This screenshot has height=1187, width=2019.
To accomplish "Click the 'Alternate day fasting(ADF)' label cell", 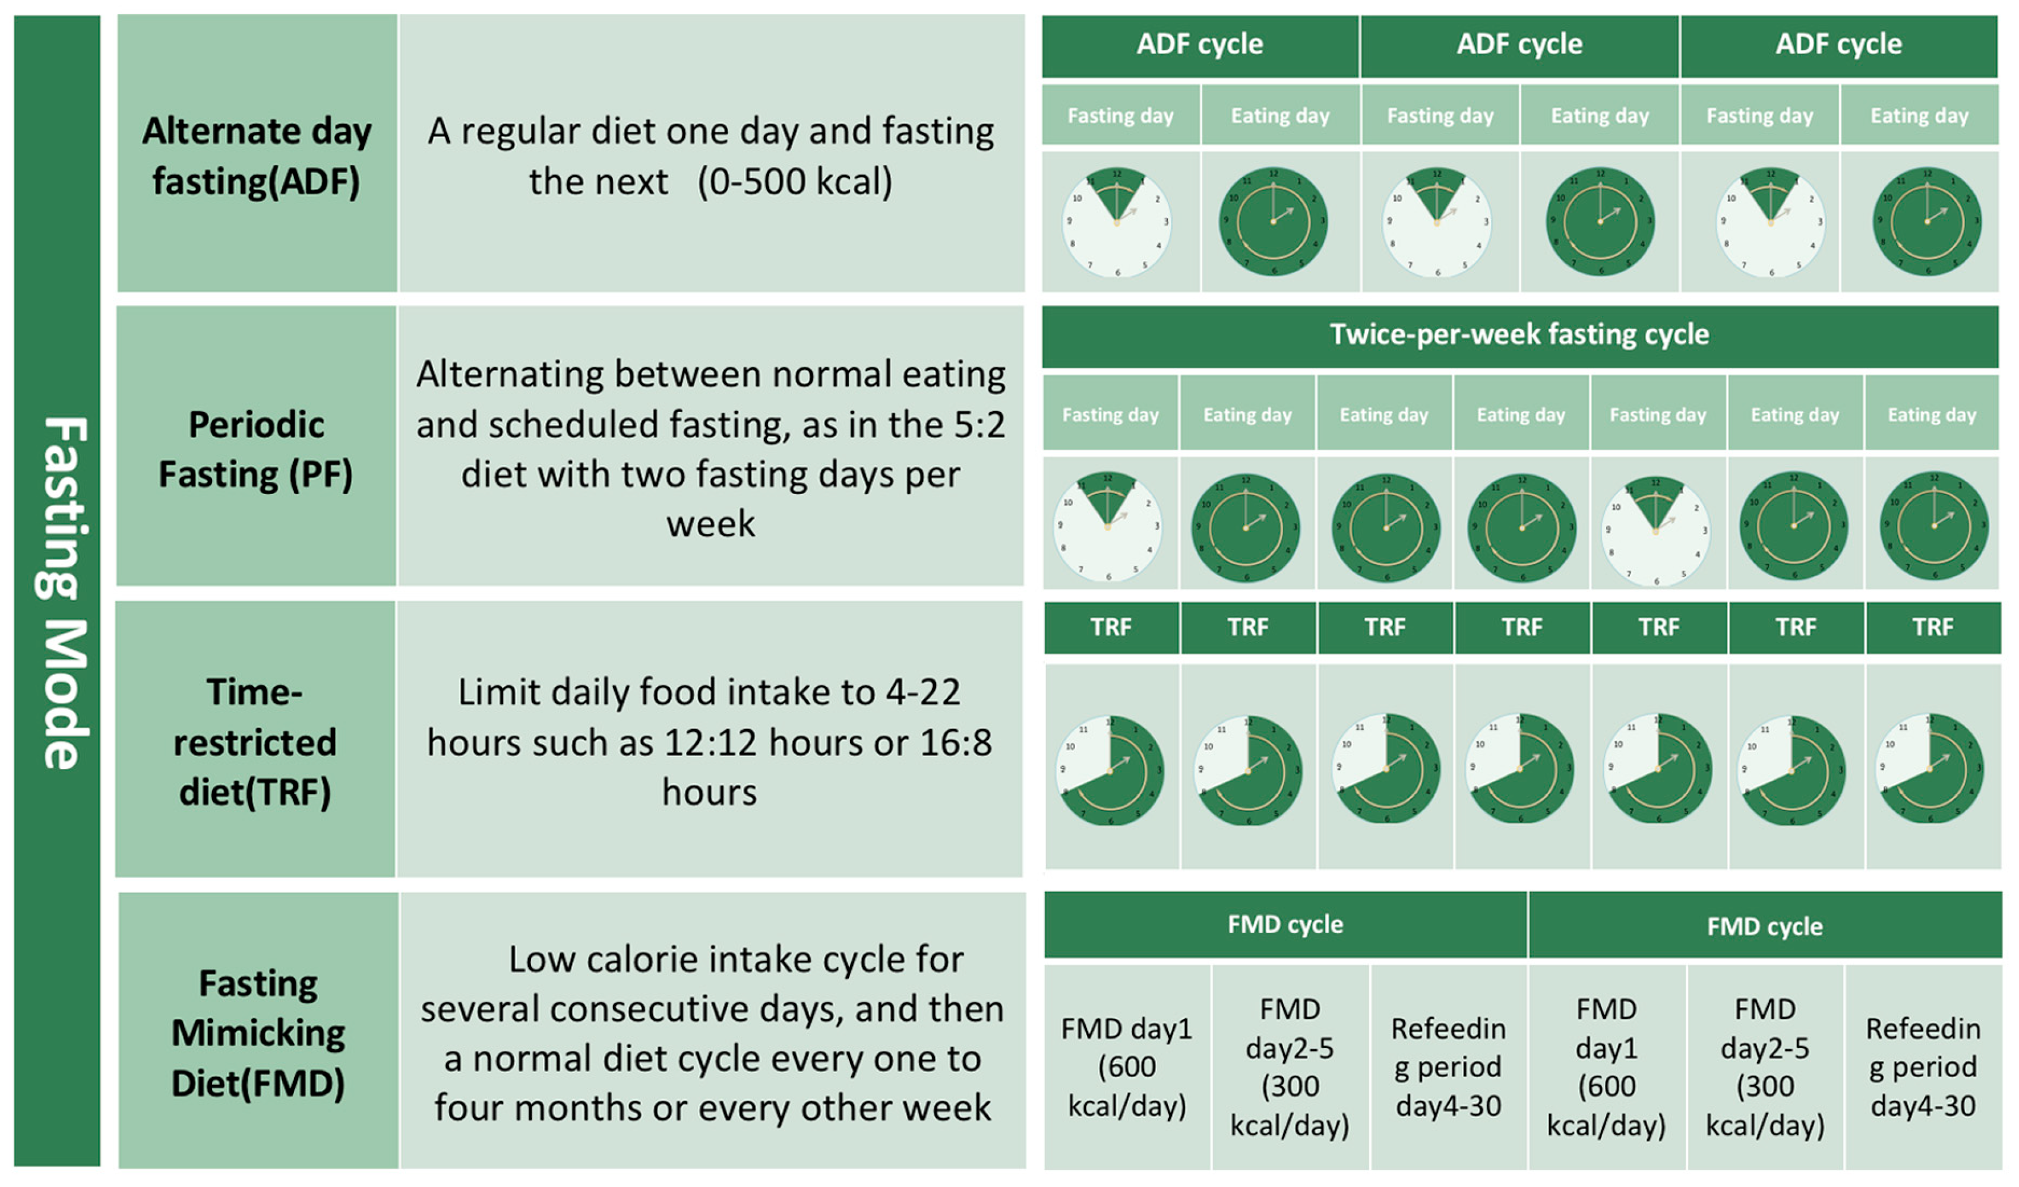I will [x=257, y=154].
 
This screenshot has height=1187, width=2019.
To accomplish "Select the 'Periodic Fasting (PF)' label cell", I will [x=257, y=448].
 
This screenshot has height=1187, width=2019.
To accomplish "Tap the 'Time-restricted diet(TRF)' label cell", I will [x=255, y=742].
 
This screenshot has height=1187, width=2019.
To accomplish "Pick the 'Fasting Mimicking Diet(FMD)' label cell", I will [x=258, y=1033].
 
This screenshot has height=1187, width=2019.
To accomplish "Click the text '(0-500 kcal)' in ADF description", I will [x=795, y=182].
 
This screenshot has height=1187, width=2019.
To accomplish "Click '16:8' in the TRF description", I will [x=955, y=742].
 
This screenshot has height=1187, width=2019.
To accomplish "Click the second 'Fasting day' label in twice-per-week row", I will [x=1658, y=415].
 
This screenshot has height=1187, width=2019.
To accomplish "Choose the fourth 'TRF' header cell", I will [x=1521, y=627].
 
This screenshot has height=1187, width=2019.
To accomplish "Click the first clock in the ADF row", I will [x=1117, y=222].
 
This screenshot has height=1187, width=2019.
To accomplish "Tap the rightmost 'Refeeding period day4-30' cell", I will [x=1923, y=1067].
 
